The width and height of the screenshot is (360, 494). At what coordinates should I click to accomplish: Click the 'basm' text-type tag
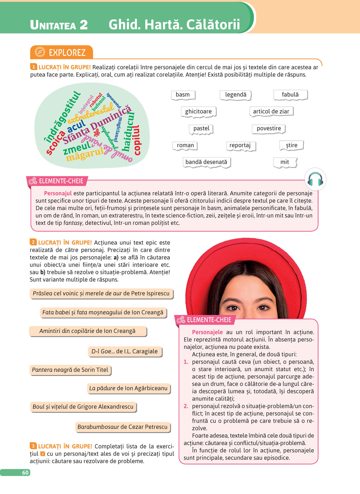[183, 95]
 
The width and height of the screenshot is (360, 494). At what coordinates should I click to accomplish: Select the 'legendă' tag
[236, 95]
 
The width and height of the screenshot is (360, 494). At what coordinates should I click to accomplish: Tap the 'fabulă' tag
[290, 95]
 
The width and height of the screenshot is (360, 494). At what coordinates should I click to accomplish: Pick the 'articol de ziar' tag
[271, 112]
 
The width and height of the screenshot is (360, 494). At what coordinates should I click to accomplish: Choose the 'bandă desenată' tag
[206, 162]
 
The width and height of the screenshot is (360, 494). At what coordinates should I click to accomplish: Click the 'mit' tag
[285, 162]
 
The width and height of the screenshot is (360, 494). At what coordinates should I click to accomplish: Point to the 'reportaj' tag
[240, 145]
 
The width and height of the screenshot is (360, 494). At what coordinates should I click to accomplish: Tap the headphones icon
[315, 179]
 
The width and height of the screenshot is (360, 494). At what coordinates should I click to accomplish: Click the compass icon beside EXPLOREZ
[40, 53]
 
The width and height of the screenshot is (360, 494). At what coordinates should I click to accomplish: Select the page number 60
[25, 472]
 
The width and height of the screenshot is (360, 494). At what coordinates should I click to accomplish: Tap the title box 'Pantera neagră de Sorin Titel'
[70, 370]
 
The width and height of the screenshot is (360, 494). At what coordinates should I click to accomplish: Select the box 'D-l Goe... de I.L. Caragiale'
[125, 351]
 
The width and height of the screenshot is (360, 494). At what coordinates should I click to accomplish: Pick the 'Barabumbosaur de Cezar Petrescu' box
[122, 427]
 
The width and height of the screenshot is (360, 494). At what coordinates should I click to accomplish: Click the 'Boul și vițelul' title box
[83, 407]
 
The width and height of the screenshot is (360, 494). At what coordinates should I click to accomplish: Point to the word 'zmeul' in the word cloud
[77, 148]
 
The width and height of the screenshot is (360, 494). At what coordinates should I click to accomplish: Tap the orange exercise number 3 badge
[33, 446]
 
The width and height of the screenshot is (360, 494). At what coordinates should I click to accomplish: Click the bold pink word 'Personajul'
[58, 193]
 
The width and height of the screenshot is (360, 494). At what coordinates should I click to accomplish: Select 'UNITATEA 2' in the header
[59, 25]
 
